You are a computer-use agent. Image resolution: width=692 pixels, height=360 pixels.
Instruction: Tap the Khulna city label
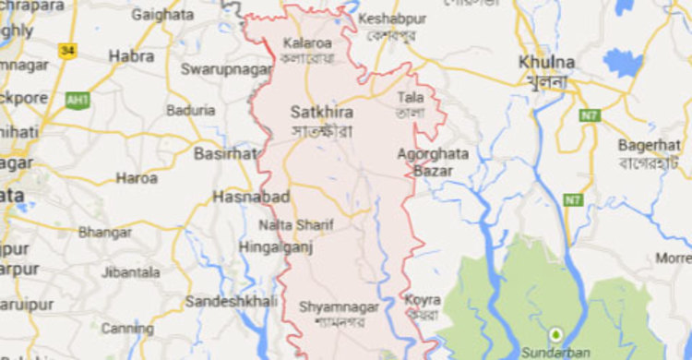tap(547, 62)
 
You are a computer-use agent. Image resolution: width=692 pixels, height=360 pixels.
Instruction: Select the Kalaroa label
tap(307, 42)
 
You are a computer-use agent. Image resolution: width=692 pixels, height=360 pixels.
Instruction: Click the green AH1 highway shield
tap(78, 100)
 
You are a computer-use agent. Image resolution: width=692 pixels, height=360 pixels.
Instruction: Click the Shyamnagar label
tap(336, 306)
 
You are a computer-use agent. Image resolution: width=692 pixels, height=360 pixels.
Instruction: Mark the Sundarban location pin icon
tap(556, 334)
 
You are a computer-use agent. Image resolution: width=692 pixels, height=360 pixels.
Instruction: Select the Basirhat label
tap(225, 153)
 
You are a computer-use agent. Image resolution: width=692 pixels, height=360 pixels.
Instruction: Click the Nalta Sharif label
tap(296, 224)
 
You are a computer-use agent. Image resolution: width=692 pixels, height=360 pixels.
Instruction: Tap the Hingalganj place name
tap(272, 246)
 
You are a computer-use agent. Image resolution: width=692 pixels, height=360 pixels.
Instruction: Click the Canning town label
tap(127, 328)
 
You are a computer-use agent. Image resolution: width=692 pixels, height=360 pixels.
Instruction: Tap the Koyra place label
tap(422, 300)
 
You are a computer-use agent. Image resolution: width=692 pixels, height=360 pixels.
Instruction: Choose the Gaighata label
tap(162, 15)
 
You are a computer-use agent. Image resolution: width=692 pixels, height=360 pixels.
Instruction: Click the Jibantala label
tap(130, 272)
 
